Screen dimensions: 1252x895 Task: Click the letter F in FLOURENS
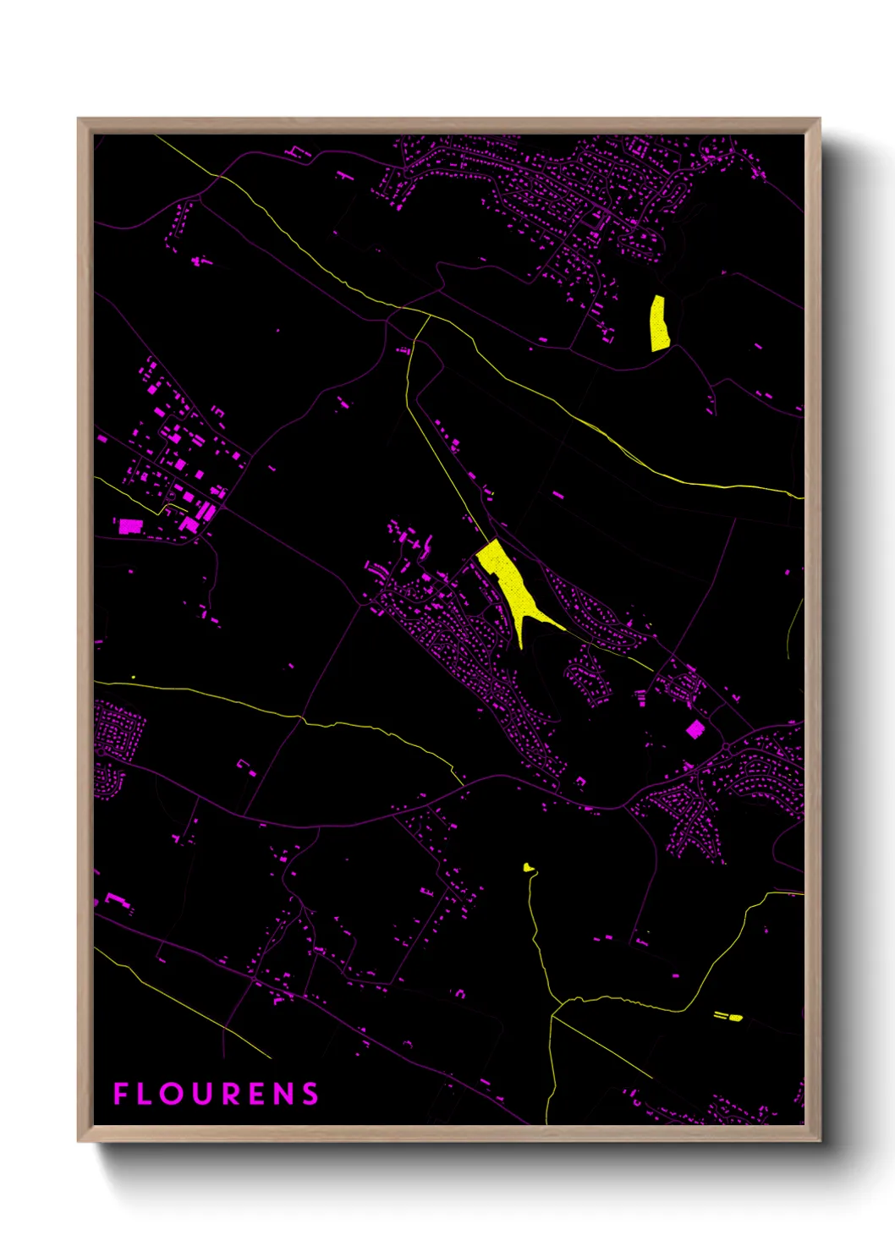pos(120,1094)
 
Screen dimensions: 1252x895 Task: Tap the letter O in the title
pos(172,1094)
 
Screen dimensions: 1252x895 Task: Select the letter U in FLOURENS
pos(201,1094)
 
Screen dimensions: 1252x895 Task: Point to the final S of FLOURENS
pos(310,1094)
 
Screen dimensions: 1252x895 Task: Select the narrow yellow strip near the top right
pos(659,323)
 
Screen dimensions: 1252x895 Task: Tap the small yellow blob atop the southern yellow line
pos(528,867)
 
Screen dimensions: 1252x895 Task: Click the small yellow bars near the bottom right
pos(729,1016)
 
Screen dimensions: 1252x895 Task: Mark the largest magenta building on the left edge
pos(129,526)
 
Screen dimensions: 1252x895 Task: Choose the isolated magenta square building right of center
pos(695,729)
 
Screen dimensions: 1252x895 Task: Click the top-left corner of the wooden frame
pos(80,120)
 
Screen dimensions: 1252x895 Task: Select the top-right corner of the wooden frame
pos(819,120)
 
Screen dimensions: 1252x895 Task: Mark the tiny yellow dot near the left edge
pos(134,677)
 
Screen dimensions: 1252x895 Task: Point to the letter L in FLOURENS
pos(146,1094)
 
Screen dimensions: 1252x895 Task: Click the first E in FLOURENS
pos(257,1094)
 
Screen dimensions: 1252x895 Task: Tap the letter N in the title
pos(283,1094)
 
